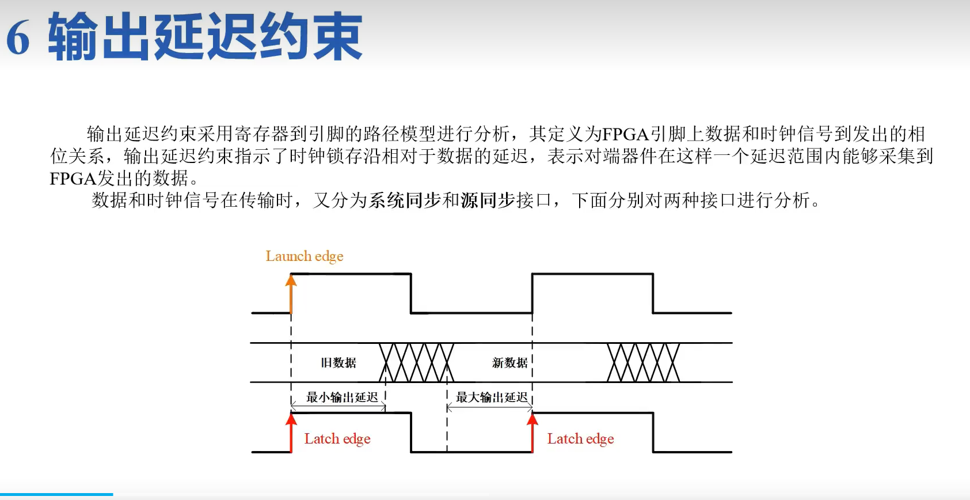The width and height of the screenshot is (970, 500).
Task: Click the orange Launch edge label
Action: (x=304, y=256)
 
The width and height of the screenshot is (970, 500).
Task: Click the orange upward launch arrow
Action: (x=291, y=294)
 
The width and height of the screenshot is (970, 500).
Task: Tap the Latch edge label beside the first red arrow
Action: (x=337, y=439)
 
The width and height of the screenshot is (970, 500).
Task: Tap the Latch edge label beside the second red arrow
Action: (x=580, y=439)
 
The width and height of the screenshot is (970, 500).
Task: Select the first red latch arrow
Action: (x=291, y=433)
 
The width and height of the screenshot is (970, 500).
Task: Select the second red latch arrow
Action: (x=532, y=433)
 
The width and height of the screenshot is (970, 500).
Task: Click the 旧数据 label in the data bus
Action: (x=338, y=363)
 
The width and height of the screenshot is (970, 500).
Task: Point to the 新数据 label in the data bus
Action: (x=509, y=363)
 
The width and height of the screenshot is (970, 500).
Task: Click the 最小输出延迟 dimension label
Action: (x=342, y=397)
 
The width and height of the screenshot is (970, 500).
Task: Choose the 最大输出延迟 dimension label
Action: (x=492, y=397)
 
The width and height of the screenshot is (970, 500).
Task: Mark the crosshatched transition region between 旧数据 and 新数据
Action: (x=416, y=362)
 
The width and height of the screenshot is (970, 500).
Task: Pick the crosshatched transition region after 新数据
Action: (x=644, y=362)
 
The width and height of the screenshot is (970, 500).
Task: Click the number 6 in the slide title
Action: (x=18, y=38)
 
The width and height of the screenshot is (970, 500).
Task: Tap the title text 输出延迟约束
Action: (x=205, y=37)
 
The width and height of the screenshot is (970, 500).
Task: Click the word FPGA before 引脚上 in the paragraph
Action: (x=626, y=134)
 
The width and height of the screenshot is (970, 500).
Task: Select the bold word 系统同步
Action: (x=405, y=200)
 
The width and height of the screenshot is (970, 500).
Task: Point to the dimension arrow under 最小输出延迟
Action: (x=338, y=408)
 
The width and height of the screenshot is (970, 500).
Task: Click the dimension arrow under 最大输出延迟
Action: (x=489, y=408)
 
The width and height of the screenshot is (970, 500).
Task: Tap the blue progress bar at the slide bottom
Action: (x=56, y=494)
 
